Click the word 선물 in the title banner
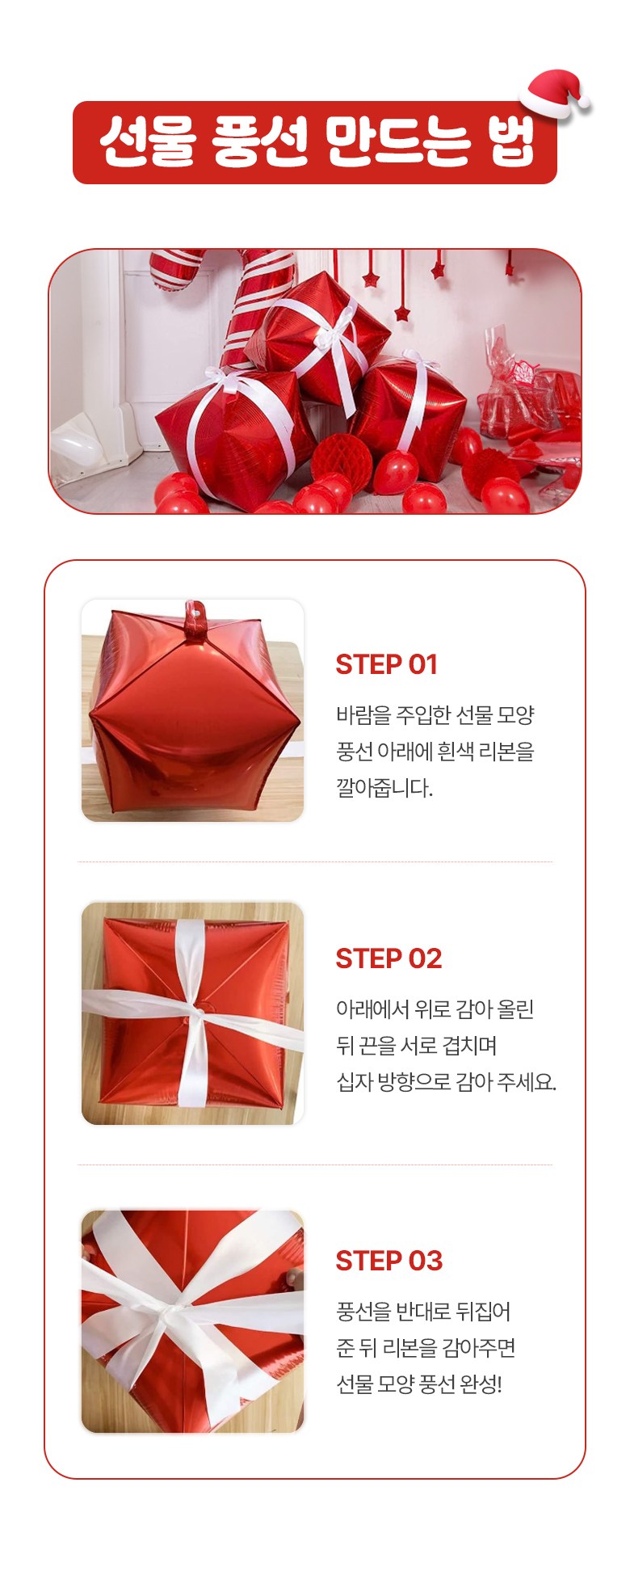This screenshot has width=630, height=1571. point(149,142)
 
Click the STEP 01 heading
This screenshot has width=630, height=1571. point(386,664)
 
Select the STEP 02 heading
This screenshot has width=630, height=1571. point(388,958)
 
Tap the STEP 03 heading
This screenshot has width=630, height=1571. point(388,1261)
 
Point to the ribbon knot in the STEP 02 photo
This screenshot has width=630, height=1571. point(197,1011)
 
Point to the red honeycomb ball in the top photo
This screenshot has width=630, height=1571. point(342,457)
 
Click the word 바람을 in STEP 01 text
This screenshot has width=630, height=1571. point(363,715)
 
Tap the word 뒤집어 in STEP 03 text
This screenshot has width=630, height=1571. point(485,1312)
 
